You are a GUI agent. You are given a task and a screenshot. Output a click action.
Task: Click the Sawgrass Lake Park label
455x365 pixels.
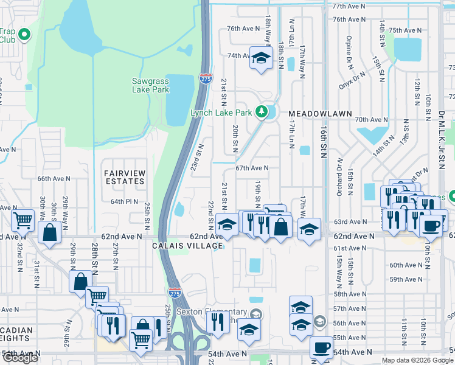click(x=150, y=85)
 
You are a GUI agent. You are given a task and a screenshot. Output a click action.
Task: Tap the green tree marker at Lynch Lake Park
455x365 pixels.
click(x=262, y=111)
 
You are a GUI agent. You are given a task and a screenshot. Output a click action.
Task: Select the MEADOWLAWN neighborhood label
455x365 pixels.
click(x=313, y=114)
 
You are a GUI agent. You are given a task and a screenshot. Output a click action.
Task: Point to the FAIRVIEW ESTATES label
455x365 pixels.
click(x=125, y=177)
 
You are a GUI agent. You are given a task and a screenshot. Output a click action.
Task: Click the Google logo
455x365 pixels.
click(x=20, y=358)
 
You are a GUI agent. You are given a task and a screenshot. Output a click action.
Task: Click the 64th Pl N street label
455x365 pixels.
click(x=125, y=201)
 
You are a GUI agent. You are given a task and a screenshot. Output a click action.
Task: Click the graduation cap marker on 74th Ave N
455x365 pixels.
click(x=261, y=58)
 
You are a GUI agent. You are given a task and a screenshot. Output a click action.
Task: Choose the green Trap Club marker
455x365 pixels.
click(x=25, y=35)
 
